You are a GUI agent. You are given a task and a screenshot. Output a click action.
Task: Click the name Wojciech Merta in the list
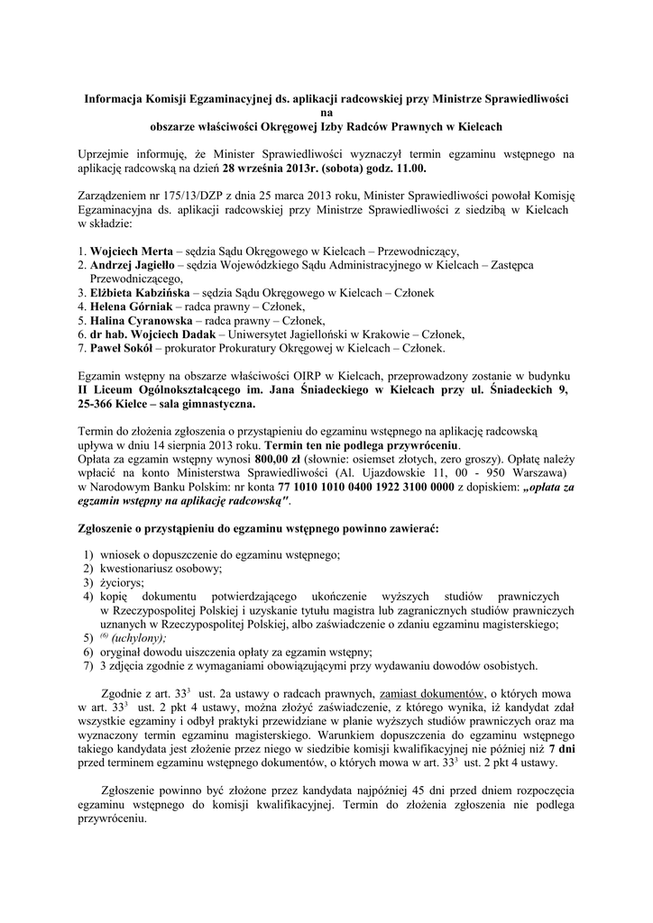(133, 250)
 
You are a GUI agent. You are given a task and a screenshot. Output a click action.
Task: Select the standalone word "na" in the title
(326, 114)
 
